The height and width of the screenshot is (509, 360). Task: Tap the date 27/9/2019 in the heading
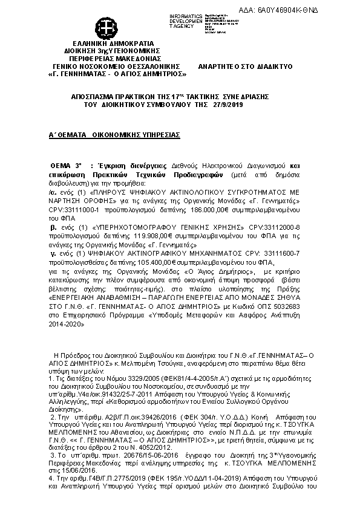click(227, 105)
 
